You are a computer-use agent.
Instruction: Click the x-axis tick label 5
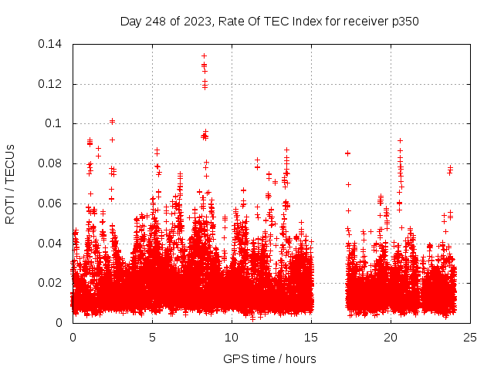(x=152, y=337)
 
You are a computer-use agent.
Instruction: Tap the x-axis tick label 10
(x=232, y=337)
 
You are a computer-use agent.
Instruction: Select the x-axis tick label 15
(x=311, y=337)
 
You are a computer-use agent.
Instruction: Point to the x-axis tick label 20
(x=391, y=337)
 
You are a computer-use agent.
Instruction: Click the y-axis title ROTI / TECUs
(x=11, y=183)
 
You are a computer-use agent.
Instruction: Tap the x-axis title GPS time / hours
(x=269, y=359)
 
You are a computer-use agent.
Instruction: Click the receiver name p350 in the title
(x=404, y=21)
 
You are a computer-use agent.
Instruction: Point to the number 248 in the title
(x=157, y=21)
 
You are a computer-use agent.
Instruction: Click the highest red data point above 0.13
(x=204, y=55)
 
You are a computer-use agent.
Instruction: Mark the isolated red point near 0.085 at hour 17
(x=347, y=153)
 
